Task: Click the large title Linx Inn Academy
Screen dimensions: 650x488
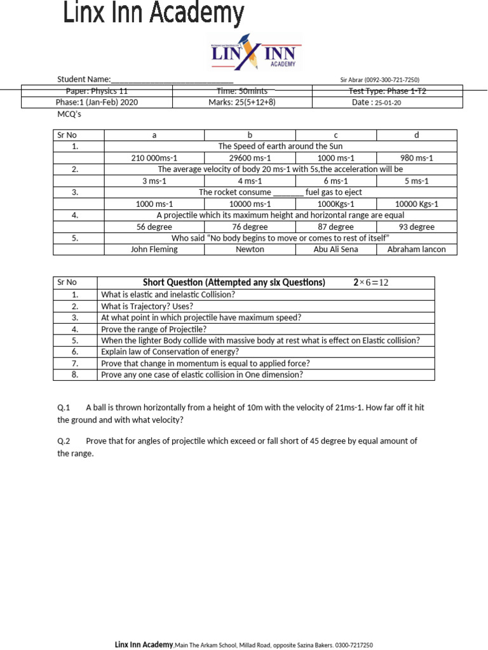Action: pos(153,13)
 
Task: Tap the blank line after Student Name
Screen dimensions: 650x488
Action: pos(172,80)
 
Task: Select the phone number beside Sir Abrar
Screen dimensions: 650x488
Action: pos(391,80)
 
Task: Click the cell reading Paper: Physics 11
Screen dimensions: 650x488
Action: pos(97,91)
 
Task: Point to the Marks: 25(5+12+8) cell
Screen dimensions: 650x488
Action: pos(242,102)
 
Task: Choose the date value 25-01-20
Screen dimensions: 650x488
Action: pos(388,103)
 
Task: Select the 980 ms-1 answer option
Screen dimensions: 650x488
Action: pos(416,157)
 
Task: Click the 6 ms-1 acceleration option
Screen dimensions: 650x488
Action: pos(335,181)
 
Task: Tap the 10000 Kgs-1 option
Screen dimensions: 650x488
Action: pos(416,204)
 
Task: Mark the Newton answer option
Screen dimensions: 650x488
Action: pos(250,249)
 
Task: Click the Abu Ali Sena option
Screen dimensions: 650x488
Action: pos(335,249)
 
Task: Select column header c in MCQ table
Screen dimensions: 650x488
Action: pos(335,135)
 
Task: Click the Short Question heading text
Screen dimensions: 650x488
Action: pos(233,282)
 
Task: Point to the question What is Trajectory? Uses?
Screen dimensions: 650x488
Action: pos(147,306)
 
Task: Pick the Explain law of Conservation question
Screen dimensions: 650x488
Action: pos(170,352)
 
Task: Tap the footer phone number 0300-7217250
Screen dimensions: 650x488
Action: pos(354,645)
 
